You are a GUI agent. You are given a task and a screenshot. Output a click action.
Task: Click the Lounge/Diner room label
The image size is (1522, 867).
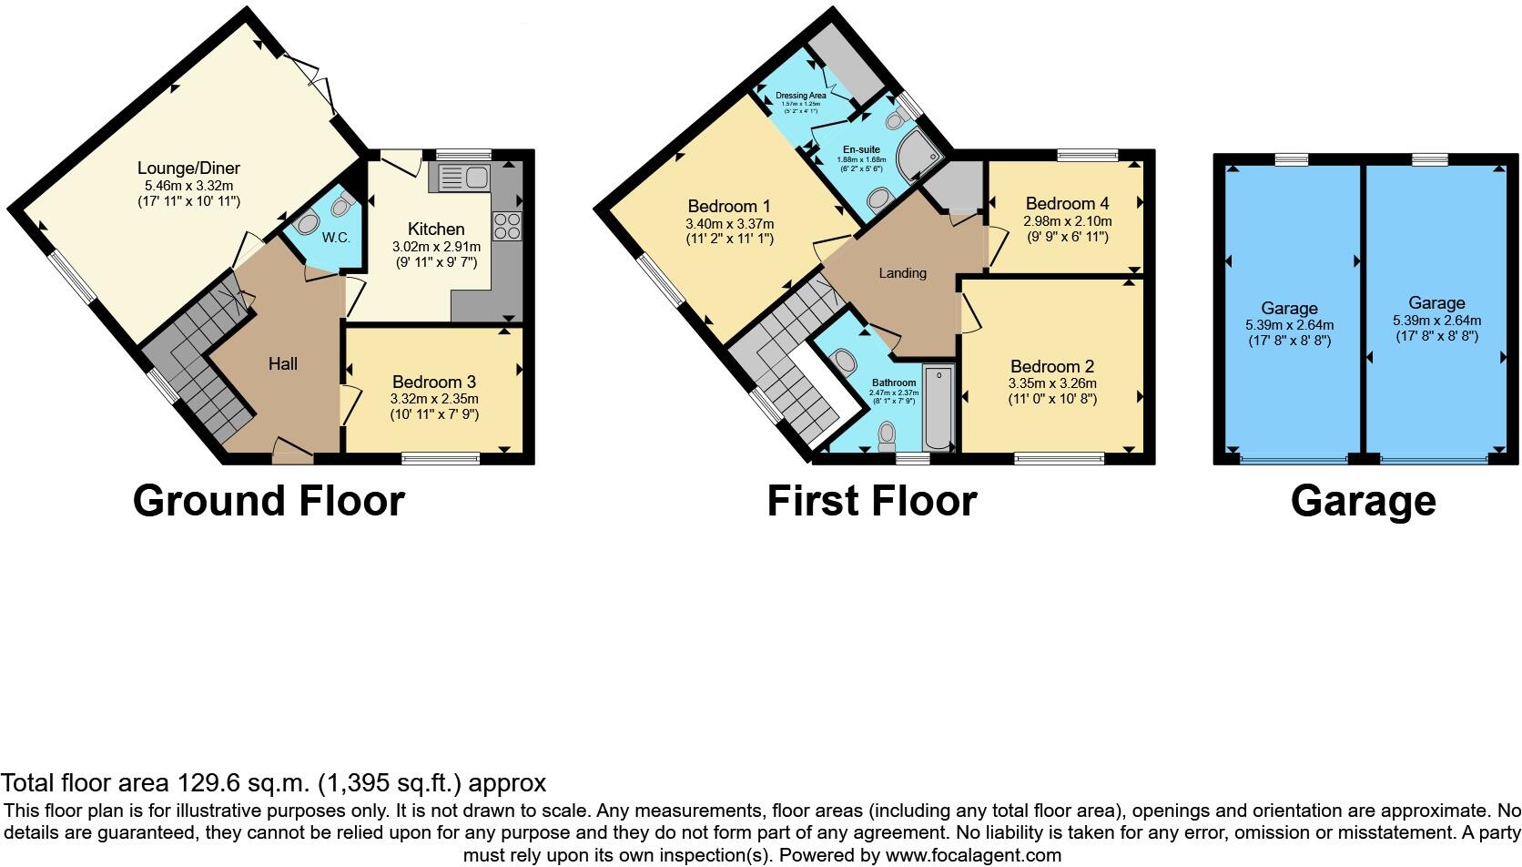click(188, 168)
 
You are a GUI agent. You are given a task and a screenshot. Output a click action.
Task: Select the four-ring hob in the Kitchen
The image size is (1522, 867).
click(507, 225)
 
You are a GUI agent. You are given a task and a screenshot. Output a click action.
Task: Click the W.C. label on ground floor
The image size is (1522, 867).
click(336, 238)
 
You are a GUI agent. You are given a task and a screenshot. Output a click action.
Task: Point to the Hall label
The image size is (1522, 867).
click(283, 364)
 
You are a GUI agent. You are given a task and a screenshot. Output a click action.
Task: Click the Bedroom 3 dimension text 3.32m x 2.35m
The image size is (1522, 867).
click(434, 399)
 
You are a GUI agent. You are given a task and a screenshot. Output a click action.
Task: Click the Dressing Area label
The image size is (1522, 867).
click(801, 96)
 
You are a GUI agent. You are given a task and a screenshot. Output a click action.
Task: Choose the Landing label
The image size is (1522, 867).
click(902, 273)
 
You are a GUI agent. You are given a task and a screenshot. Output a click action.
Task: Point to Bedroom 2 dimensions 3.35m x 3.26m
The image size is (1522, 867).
click(1052, 383)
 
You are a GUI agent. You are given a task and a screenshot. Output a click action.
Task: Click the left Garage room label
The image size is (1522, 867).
click(1289, 309)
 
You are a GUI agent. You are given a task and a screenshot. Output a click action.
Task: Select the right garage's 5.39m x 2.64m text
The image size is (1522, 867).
click(1436, 321)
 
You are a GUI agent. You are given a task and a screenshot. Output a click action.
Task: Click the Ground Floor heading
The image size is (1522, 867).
click(269, 501)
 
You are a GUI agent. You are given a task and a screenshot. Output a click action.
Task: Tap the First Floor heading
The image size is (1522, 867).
click(871, 501)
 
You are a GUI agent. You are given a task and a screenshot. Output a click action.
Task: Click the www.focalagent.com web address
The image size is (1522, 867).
click(972, 855)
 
